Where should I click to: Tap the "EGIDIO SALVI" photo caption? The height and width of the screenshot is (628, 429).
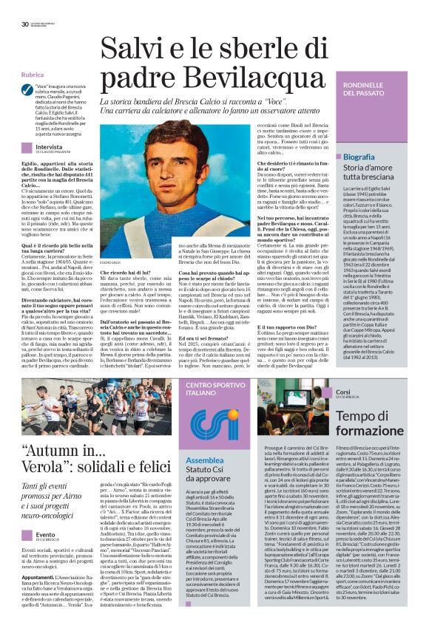click(x=111, y=263)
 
